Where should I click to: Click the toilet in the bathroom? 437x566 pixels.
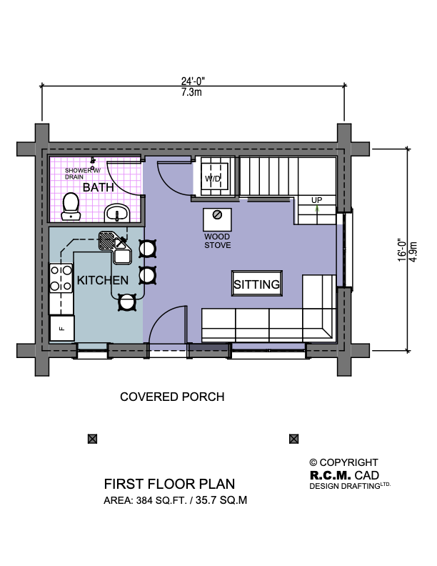point(71,206)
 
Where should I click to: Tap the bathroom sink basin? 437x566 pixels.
point(117,213)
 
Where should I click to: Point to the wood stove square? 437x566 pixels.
point(217,219)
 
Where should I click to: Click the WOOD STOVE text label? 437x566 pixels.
point(217,241)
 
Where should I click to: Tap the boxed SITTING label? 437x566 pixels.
point(256,284)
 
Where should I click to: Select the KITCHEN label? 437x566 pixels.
point(102,280)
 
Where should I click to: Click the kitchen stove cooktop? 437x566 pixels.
point(61,278)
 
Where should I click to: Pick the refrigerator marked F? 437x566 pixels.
point(61,328)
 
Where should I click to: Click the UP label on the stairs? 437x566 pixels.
point(316,199)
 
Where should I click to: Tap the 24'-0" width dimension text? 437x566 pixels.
point(193,81)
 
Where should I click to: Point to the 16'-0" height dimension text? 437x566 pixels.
point(402,249)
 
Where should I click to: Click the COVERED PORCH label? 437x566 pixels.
point(172,397)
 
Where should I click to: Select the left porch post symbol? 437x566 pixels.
point(93,439)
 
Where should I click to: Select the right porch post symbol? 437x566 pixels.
point(294,439)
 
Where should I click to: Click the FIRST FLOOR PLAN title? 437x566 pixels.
point(169,484)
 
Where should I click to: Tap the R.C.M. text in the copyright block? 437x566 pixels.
point(331,475)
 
